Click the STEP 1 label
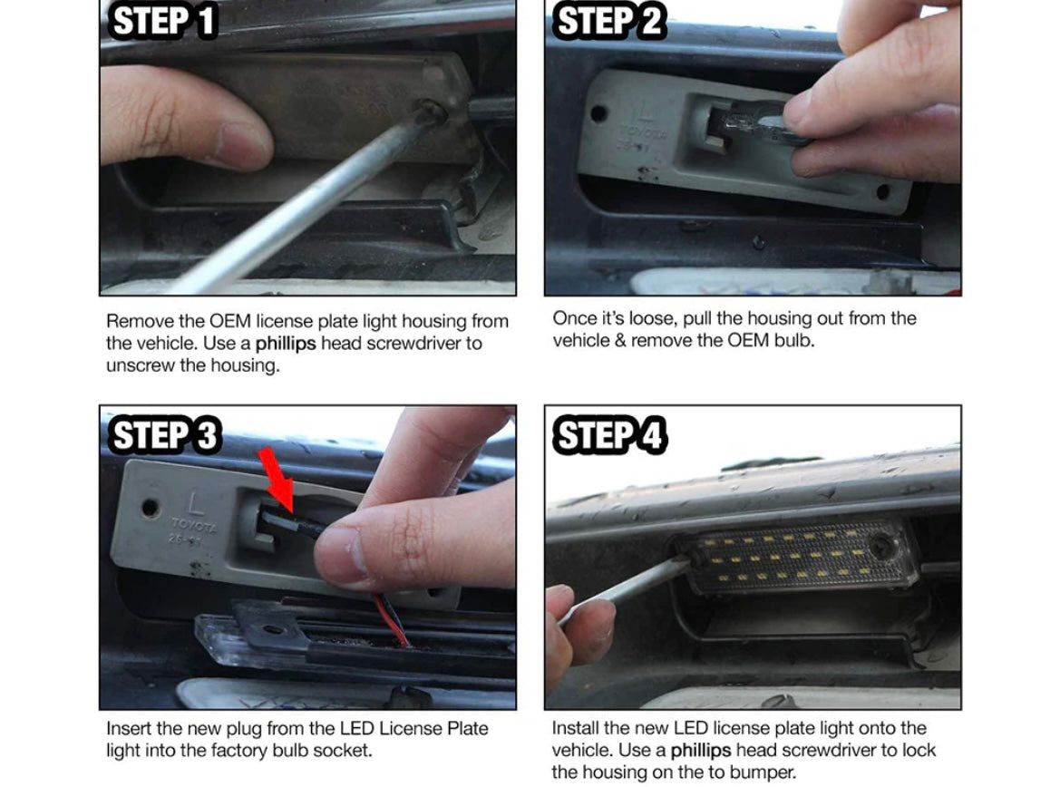(163, 21)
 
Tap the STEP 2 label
(610, 21)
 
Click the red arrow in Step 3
(277, 478)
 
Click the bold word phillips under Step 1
(286, 344)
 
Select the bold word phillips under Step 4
(700, 751)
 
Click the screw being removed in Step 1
(431, 112)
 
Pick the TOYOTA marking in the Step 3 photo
(194, 525)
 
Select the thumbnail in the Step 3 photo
(340, 554)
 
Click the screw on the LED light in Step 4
(882, 547)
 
